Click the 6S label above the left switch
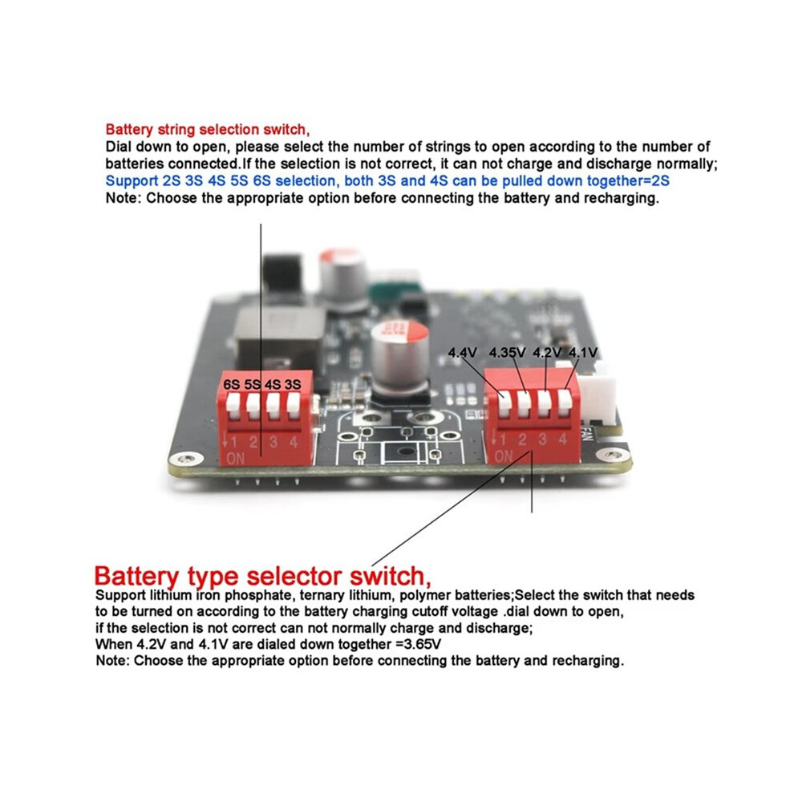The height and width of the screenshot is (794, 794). [x=232, y=384]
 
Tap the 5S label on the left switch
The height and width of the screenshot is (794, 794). [x=252, y=384]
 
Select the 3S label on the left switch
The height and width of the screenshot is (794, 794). [x=293, y=384]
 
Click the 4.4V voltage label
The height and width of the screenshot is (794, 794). [x=462, y=352]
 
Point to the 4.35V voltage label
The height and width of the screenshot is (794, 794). [x=508, y=352]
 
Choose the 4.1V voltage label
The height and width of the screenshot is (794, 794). [x=583, y=352]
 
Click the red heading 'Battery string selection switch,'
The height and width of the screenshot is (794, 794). [x=208, y=130]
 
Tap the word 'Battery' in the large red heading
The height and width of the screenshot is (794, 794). [x=136, y=577]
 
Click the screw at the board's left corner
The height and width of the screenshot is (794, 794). [x=186, y=460]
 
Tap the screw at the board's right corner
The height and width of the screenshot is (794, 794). [x=613, y=454]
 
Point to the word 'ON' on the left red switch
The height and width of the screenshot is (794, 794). [x=236, y=459]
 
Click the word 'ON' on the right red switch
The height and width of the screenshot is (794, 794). [x=504, y=456]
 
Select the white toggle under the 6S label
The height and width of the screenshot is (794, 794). [x=233, y=406]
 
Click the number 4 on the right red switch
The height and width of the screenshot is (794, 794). [x=562, y=439]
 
